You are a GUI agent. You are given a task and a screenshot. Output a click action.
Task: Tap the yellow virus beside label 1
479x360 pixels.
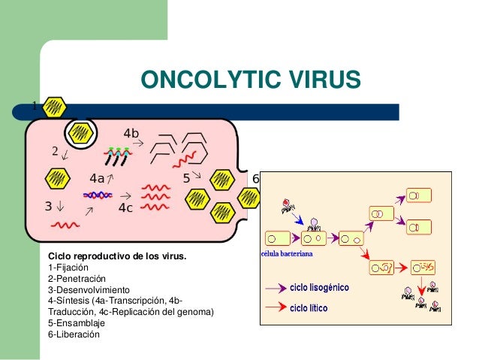pyautogui.click(x=54, y=107)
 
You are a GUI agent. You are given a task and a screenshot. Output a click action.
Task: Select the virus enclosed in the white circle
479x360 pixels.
pyautogui.click(x=80, y=134)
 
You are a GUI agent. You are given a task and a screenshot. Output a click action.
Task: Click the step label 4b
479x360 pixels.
pyautogui.click(x=131, y=134)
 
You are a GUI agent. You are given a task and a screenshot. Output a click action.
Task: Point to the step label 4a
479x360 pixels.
pyautogui.click(x=97, y=179)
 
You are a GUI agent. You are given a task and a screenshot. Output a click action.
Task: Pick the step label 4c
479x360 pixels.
pyautogui.click(x=126, y=208)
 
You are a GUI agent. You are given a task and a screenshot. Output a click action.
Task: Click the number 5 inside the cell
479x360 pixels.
pyautogui.click(x=187, y=179)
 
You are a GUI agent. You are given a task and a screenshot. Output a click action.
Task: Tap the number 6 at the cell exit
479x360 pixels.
pyautogui.click(x=255, y=179)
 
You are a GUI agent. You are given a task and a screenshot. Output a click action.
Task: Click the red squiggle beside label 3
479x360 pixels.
pyautogui.click(x=66, y=224)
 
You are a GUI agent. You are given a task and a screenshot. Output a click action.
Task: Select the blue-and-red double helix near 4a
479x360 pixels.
pyautogui.click(x=98, y=195)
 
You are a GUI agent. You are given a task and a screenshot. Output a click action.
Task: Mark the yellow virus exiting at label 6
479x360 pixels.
pyautogui.click(x=249, y=196)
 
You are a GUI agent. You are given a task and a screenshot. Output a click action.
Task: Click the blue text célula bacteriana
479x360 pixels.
pyautogui.click(x=286, y=255)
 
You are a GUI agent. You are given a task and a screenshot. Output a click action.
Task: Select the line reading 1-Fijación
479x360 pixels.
pyautogui.click(x=68, y=268)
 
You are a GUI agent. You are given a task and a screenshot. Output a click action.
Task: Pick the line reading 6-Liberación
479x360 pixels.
pyautogui.click(x=74, y=333)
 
